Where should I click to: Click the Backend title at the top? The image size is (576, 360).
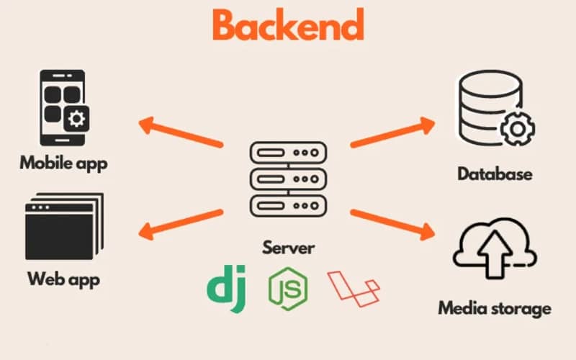(x=288, y=26)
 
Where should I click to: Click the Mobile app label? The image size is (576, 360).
(x=63, y=163)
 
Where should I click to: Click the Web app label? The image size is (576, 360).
(x=63, y=279)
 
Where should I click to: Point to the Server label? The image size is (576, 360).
(x=288, y=248)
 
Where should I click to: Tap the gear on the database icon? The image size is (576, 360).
(x=516, y=130)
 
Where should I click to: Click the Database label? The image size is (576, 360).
(x=495, y=174)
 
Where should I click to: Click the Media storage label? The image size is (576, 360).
(x=495, y=309)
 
